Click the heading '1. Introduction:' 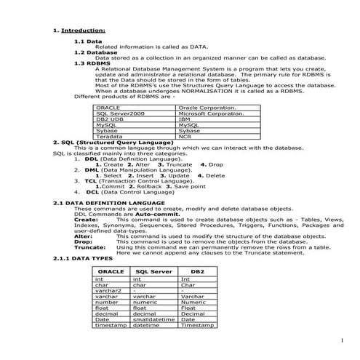pyautogui.click(x=80, y=31)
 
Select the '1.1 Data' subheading pyautogui.click(x=88, y=42)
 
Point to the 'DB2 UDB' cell pyautogui.click(x=109, y=119)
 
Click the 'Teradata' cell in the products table pyautogui.click(x=109, y=136)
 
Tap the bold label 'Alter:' pyautogui.click(x=84, y=236)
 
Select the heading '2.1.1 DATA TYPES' pyautogui.click(x=83, y=258)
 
